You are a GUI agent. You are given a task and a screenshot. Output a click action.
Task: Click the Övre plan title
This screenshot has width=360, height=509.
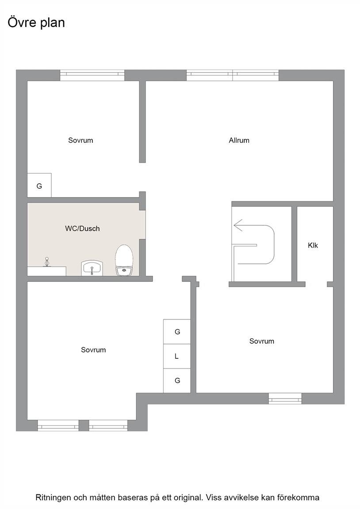coord(36,23)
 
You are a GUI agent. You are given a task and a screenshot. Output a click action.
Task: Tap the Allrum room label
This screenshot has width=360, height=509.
coord(239,140)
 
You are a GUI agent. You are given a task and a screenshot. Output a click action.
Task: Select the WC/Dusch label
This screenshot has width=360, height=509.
coord(82,228)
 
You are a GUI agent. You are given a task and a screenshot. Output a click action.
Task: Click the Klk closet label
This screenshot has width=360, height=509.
coord(313,245)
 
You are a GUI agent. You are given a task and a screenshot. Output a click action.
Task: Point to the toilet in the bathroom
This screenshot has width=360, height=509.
coord(124,260)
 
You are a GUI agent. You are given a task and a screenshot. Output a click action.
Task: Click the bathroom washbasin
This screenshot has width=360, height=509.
coord(92,268)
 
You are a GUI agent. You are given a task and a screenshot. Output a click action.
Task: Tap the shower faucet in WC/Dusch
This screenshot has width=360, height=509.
coord(47,261)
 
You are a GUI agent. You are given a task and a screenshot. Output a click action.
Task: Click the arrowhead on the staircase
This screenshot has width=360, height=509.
coord(238,225)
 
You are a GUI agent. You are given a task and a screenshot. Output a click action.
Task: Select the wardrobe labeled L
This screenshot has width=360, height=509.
coord(177,356)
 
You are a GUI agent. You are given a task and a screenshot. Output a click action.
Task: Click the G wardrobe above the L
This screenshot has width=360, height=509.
coord(177,332)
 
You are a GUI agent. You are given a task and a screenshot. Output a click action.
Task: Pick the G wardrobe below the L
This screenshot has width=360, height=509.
coord(177,380)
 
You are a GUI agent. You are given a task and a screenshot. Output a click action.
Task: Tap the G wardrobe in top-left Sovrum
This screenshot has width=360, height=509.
coord(39,186)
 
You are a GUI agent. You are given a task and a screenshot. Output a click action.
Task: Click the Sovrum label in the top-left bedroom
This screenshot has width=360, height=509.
coord(80,140)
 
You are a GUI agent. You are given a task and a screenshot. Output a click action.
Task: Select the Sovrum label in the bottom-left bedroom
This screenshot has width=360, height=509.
coord(93,349)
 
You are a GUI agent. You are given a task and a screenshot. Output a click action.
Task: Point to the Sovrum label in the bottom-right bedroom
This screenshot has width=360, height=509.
coord(261,341)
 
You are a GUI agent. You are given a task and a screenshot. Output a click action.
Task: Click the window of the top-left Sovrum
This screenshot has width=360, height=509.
coord(92,75)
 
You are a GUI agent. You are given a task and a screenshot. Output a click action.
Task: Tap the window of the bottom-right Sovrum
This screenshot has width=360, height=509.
coord(285,398)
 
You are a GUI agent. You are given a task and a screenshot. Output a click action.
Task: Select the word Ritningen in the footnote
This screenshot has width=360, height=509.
coord(53,498)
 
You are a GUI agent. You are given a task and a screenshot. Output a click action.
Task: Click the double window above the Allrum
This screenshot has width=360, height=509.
coord(233,75)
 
